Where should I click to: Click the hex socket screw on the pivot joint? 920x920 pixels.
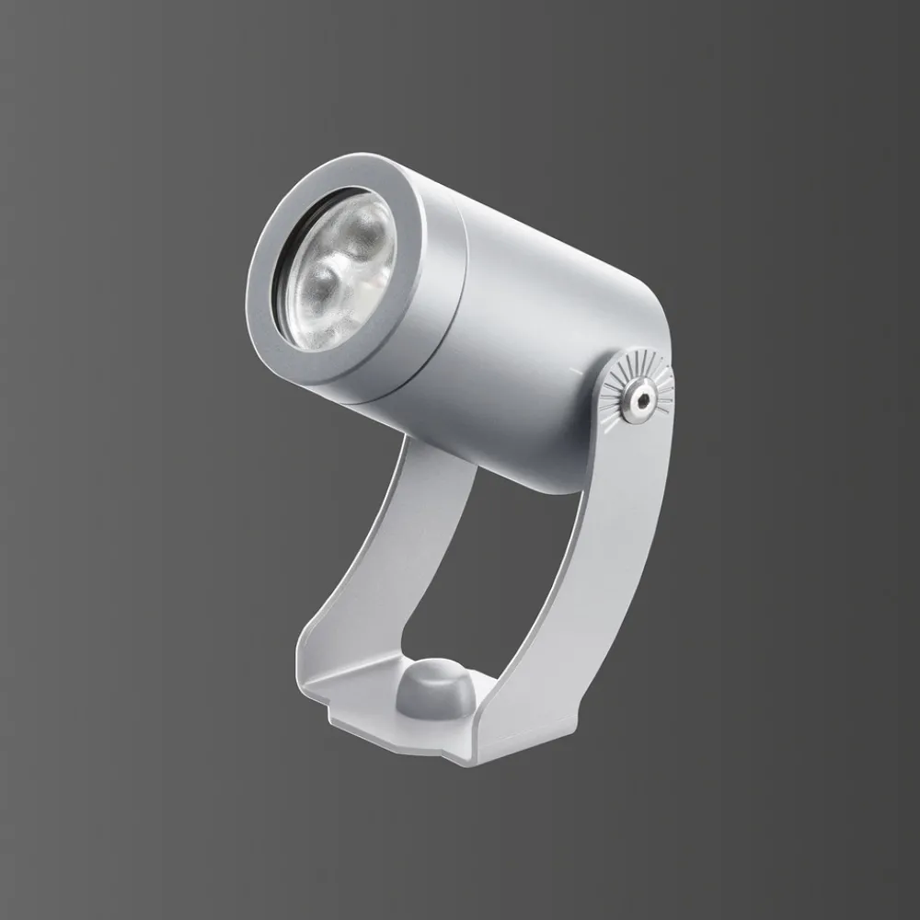pyautogui.click(x=637, y=398)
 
